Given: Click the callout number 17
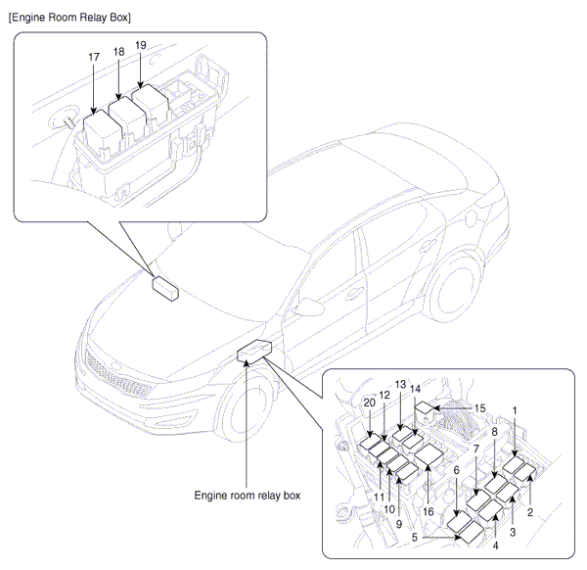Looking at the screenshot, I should click(94, 58).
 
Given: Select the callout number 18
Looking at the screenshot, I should click(117, 50).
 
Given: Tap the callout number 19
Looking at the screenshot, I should click(141, 45).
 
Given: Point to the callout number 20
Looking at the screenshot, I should click(370, 403).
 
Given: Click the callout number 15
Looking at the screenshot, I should click(478, 407).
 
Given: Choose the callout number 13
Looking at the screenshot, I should click(400, 385).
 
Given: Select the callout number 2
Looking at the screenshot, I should click(530, 510).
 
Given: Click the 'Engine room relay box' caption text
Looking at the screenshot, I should click(247, 496).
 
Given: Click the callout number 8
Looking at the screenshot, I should click(495, 431).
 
